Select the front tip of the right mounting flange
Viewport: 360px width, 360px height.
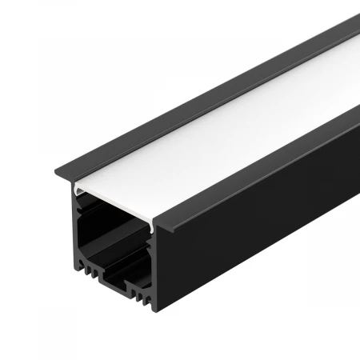click(172, 230)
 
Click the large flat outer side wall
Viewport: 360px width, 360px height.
click(256, 240)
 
